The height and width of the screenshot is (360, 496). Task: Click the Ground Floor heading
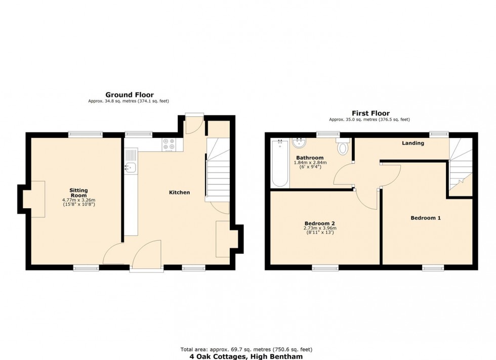pos(130,95)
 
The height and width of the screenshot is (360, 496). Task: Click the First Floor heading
pos(370,113)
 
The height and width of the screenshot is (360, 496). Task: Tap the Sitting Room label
pos(79,193)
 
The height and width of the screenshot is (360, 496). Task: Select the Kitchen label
pos(179,193)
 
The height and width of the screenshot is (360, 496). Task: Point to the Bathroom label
pos(310,158)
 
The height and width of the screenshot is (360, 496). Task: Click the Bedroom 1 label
pos(426,218)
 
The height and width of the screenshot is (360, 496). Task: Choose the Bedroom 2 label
pos(319,223)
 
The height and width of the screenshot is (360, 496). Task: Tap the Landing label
pos(413,143)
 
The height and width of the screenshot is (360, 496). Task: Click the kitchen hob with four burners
pos(169,144)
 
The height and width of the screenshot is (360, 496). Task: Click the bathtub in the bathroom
pos(280,164)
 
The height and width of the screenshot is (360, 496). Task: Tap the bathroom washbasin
pos(299,143)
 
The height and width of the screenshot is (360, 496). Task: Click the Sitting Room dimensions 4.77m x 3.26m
pos(79,202)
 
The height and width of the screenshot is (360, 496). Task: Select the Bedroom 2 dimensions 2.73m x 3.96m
pos(320,230)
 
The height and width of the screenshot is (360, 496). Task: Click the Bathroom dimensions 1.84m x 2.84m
pos(310,165)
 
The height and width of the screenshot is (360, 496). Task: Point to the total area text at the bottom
pos(246,349)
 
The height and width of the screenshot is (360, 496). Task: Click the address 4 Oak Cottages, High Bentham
pos(246,356)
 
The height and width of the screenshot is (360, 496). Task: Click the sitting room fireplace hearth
pos(38,199)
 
